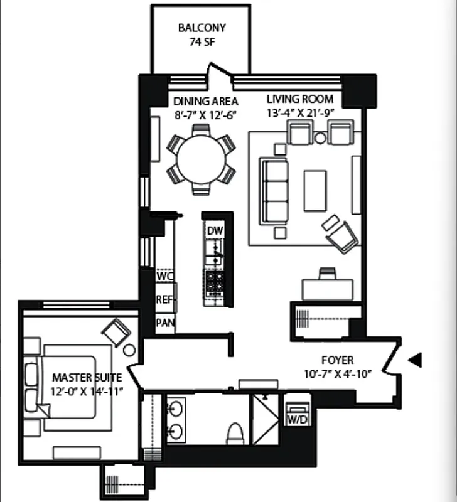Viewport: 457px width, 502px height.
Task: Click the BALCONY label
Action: pos(202,28)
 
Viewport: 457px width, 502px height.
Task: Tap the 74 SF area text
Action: pos(202,43)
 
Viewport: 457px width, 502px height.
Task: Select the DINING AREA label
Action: pos(205,101)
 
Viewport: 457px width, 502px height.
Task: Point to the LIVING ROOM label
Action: pos(299,99)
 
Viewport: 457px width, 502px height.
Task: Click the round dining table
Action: pos(201,159)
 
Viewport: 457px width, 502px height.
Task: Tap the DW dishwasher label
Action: pos(214,230)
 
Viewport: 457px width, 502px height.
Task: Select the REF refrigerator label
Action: pos(165,299)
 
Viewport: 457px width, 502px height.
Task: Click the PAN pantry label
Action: pos(165,324)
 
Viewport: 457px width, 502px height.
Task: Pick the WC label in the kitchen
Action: pos(164,276)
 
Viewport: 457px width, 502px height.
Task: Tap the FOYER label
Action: pos(337,361)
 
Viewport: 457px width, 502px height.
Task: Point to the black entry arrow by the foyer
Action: pos(415,360)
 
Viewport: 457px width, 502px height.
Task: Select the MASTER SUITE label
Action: pos(87,378)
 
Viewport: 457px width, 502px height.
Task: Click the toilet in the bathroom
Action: pos(235,433)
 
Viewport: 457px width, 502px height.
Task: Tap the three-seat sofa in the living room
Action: pos(274,190)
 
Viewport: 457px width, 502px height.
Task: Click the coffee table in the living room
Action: pos(315,191)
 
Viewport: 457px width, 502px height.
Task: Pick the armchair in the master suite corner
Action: pos(116,331)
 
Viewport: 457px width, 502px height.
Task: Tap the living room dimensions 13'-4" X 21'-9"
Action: pos(299,113)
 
